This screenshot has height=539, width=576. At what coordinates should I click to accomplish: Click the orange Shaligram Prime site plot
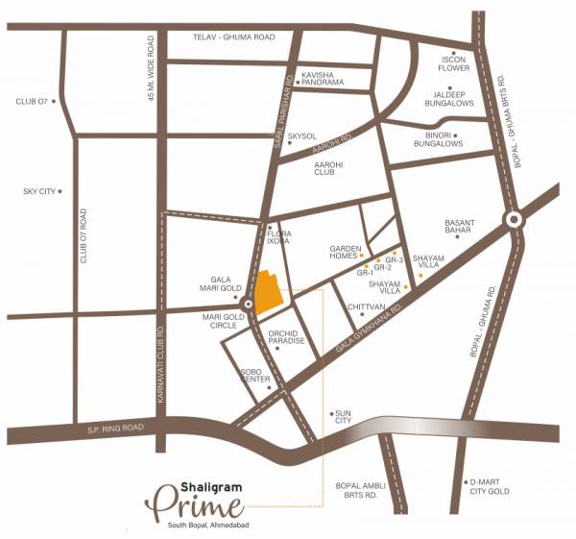click(x=269, y=291)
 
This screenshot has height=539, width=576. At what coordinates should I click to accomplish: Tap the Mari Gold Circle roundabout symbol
click(x=249, y=305)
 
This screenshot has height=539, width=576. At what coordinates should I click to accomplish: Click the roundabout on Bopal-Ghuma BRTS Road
click(x=515, y=219)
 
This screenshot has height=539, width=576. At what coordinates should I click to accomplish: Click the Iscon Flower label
click(x=453, y=63)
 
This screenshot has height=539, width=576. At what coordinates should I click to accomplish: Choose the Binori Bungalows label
click(x=439, y=139)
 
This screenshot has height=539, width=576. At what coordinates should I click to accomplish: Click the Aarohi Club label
click(x=329, y=170)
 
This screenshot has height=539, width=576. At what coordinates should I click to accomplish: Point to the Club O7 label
click(x=31, y=100)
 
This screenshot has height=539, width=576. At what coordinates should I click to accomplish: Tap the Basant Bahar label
click(x=460, y=231)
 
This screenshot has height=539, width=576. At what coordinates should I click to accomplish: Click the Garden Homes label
click(x=344, y=253)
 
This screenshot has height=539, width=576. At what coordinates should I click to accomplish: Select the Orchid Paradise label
click(x=286, y=336)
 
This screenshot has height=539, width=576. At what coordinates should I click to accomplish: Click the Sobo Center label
click(x=255, y=375)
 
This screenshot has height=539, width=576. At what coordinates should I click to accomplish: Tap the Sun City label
click(x=343, y=416)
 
